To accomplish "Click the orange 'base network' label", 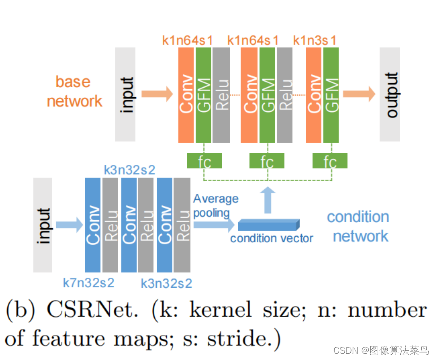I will pos(74,91).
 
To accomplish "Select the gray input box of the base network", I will pos(125,94).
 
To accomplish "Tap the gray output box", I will pos(390,94).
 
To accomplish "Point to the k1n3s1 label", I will pos(315,40).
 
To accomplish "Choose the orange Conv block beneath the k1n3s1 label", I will pos(314,94).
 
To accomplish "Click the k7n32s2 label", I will pos(89,283).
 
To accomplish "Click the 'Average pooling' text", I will pos(215,206).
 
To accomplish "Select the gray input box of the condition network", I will pos(43,225).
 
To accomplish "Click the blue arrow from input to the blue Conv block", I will pos(68,225).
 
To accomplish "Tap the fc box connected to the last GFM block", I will pos(330,161).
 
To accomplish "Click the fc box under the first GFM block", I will pos(204,161).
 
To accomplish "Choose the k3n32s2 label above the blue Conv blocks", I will pos(129,169).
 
